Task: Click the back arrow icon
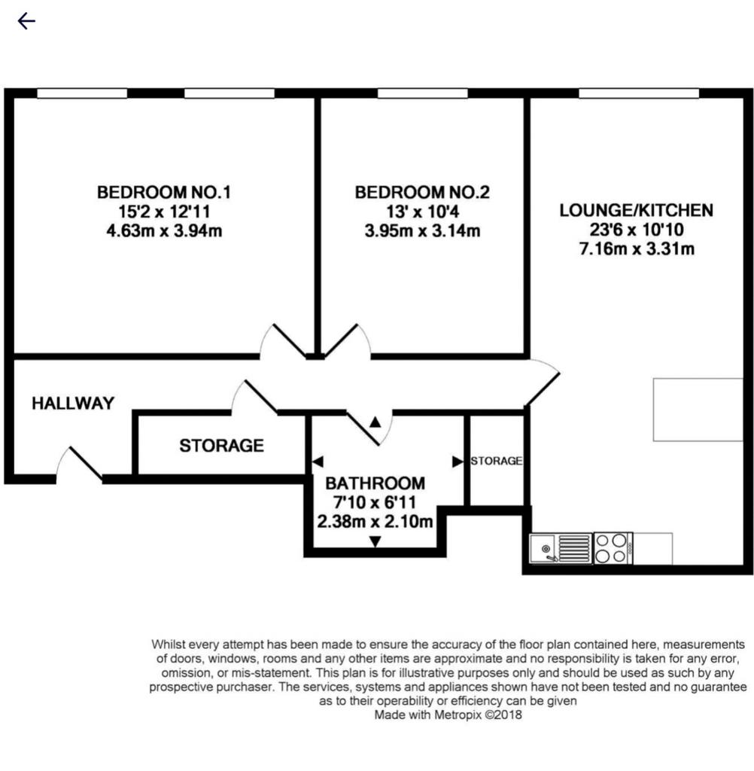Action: pos(26,21)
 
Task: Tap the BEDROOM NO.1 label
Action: pos(164,192)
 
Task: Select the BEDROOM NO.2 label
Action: pos(422,192)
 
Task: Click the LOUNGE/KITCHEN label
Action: pos(637,211)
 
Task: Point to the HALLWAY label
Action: pos(73,404)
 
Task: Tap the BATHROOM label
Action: pos(375,483)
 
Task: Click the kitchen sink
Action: pos(561,548)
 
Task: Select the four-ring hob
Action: pos(613,548)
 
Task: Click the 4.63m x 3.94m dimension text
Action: pos(164,230)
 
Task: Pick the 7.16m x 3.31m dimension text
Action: pos(637,248)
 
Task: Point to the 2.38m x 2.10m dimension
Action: pos(375,521)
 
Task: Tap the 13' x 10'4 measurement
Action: pos(422,212)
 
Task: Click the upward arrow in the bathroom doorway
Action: pos(375,422)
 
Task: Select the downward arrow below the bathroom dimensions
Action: pos(375,541)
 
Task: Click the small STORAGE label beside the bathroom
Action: pos(497,461)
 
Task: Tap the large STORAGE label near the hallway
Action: pos(222,446)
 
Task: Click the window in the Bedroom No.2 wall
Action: pos(423,93)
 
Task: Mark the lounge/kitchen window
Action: pos(639,93)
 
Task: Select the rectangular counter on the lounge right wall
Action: pos(698,410)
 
